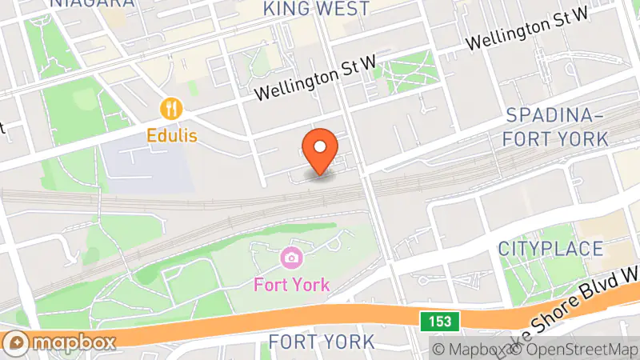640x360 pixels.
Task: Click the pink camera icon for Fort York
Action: coord(291,258)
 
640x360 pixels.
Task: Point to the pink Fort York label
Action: coord(291,284)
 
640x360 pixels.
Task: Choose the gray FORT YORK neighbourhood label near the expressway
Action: coord(321,342)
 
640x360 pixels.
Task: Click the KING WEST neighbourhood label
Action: coord(316,9)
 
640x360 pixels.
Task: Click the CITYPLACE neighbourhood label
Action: coord(550,248)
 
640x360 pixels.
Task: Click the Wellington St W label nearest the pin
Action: coord(314,82)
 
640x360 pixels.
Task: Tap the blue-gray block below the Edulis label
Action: coord(148,164)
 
